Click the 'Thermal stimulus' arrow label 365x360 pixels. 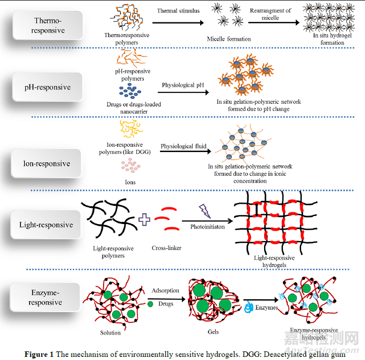coord(178,11)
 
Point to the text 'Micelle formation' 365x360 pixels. coord(229,39)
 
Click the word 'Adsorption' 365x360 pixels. coord(165,291)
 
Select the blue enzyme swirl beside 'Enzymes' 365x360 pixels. coord(249,307)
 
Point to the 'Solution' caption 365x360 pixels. coord(111,333)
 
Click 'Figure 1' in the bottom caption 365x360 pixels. coord(41,354)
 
